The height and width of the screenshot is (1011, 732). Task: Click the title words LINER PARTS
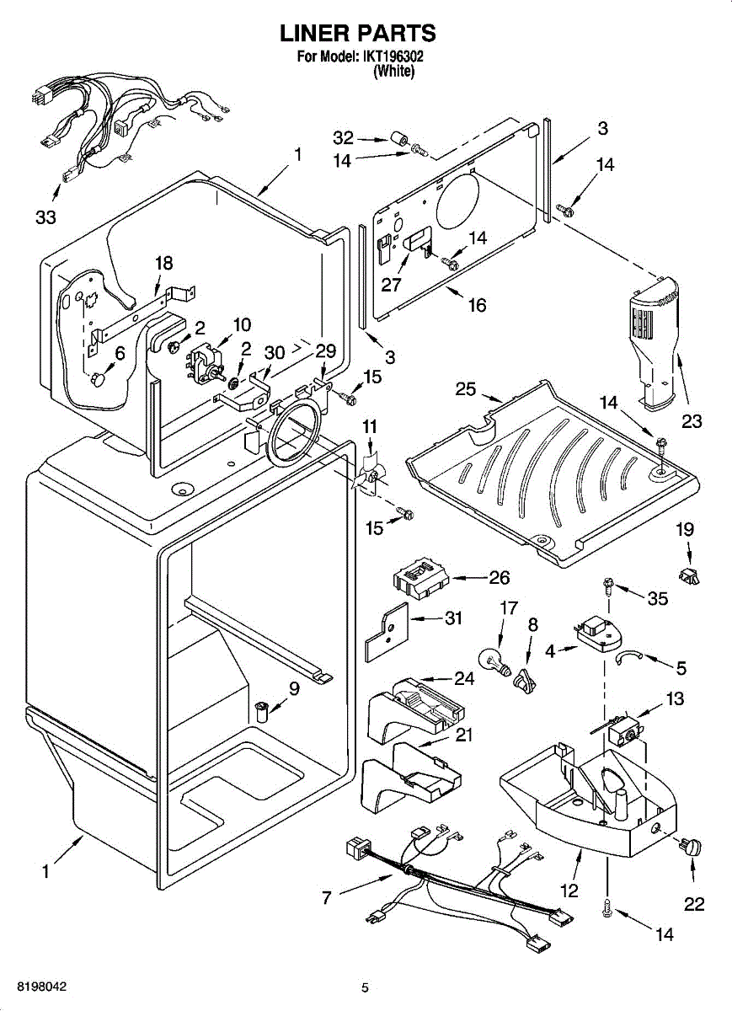[357, 34]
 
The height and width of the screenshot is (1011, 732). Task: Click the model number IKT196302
[394, 57]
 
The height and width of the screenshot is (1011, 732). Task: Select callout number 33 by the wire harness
[46, 217]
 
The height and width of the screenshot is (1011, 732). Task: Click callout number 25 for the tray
[466, 389]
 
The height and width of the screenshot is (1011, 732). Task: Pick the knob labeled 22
[692, 847]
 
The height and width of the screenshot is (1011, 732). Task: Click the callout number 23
[692, 421]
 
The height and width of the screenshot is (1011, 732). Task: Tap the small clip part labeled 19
[692, 577]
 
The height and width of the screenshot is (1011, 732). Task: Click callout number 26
[500, 578]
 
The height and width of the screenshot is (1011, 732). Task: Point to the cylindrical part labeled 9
[263, 709]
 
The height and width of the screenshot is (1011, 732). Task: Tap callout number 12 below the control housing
[569, 890]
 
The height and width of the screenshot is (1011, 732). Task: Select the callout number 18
[163, 263]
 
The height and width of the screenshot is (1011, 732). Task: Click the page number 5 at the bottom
[365, 987]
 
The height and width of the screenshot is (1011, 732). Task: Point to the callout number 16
[478, 304]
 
